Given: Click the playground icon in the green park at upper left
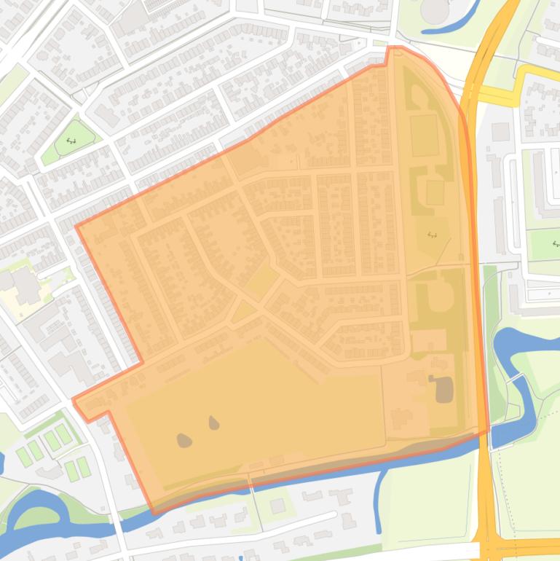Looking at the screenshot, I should click(x=71, y=141).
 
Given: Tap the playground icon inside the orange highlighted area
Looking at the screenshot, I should click(x=432, y=234).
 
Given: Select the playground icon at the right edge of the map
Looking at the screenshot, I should click(x=555, y=244).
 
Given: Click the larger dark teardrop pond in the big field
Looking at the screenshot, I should click(x=184, y=439).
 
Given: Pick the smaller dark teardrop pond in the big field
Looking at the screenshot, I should click(x=213, y=423).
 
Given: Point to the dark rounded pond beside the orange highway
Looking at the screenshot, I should click(x=443, y=391).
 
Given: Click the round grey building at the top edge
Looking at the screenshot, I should click(x=435, y=9).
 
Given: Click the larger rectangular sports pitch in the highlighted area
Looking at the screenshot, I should click(x=424, y=135).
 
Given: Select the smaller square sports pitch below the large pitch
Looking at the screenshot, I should click(x=435, y=192).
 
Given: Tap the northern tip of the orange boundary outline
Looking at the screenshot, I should click(x=394, y=48).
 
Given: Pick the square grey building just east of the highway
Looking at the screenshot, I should click(x=500, y=132).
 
